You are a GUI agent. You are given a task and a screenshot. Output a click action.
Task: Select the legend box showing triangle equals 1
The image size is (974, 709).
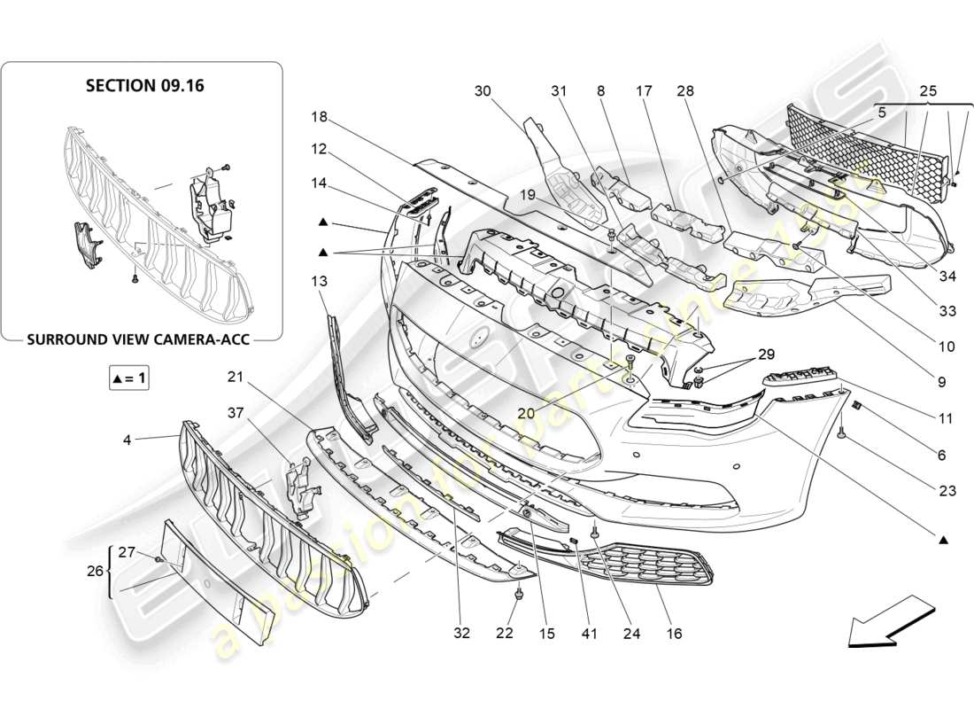pyautogui.click(x=128, y=378)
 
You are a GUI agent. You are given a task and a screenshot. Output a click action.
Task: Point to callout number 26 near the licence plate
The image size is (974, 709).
pyautogui.click(x=97, y=572)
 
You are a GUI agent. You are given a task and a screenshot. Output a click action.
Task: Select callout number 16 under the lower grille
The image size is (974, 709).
pyautogui.click(x=674, y=634)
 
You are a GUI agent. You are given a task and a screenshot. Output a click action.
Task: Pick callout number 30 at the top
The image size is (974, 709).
pyautogui.click(x=482, y=90)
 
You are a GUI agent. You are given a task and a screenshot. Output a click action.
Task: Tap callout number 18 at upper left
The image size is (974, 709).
pyautogui.click(x=319, y=117)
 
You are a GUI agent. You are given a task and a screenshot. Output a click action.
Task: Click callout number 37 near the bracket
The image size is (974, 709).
pyautogui.click(x=235, y=413)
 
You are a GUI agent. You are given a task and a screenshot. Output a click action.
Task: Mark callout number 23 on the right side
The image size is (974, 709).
pyautogui.click(x=941, y=486)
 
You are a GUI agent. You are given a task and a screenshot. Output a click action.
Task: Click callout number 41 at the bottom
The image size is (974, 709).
pyautogui.click(x=590, y=634)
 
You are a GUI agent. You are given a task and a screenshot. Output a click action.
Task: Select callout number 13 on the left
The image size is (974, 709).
pyautogui.click(x=319, y=281)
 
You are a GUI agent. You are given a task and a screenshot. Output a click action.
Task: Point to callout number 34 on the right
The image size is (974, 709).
pyautogui.click(x=947, y=277)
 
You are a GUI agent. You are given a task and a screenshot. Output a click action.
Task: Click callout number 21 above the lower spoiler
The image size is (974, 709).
pyautogui.click(x=235, y=377)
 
